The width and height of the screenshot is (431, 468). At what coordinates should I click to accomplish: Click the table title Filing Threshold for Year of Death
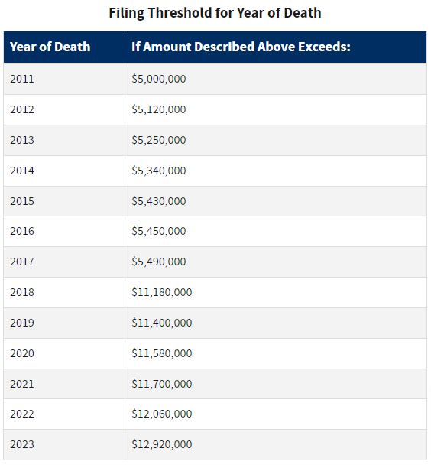215,14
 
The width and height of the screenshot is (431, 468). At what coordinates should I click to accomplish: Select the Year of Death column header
50,47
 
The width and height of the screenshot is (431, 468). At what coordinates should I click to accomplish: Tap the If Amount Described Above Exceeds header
241,47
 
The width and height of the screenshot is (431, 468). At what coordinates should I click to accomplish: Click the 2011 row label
22,79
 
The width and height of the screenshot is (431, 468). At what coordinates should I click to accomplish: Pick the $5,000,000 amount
159,79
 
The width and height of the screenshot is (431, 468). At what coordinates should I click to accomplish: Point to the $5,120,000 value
159,109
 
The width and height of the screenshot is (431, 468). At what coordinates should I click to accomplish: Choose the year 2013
22,140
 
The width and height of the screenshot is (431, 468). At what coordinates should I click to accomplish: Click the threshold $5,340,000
159,171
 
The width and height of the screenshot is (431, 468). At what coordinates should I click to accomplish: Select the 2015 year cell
22,201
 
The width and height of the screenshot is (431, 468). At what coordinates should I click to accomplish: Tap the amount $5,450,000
159,231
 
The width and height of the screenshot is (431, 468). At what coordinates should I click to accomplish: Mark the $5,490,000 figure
159,262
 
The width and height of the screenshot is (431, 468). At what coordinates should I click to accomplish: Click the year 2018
22,292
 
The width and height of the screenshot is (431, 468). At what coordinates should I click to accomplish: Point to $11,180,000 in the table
162,292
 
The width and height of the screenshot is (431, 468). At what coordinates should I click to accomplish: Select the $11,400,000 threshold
162,323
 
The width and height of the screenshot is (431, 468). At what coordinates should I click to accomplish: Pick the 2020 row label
22,353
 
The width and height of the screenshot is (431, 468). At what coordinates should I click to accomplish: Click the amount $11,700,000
162,384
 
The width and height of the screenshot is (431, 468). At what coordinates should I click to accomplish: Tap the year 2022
22,414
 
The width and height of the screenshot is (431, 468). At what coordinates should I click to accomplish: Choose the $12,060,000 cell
162,414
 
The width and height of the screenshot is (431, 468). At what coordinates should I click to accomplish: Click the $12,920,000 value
162,444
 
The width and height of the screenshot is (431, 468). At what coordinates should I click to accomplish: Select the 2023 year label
22,444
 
